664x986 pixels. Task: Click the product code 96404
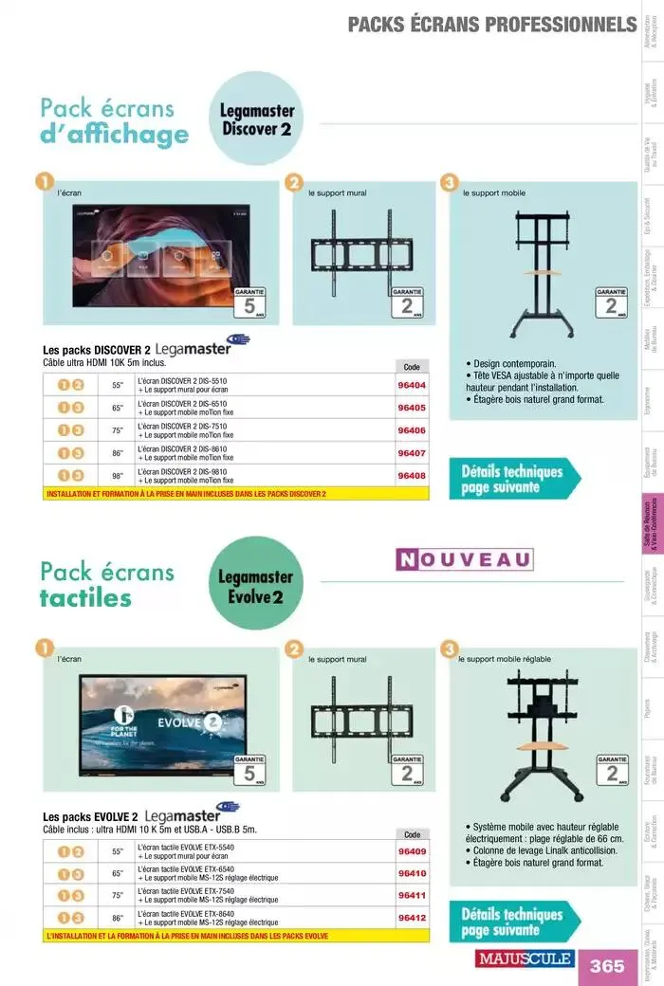[412, 386]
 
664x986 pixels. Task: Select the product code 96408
[412, 476]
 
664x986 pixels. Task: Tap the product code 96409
[412, 851]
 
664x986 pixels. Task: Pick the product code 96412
[412, 918]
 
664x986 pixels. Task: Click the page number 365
[607, 965]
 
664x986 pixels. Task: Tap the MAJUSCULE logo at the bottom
[525, 959]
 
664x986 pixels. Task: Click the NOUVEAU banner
[464, 558]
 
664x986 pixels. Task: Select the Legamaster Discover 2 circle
[257, 119]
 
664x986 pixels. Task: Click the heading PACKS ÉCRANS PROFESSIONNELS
[491, 24]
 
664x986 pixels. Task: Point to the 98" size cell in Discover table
[118, 475]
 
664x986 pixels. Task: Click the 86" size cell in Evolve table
[118, 918]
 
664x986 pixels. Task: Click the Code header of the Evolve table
[412, 834]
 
